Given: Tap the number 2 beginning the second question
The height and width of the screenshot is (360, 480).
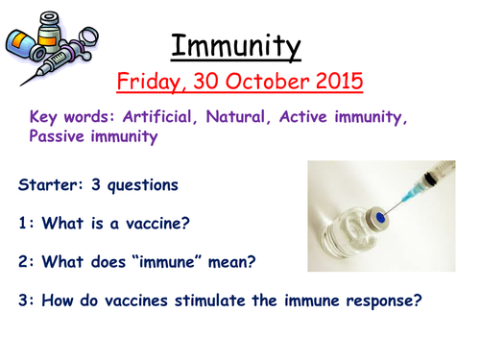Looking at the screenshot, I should tap(22, 261).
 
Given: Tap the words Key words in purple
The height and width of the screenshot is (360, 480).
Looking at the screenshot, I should tap(67, 117).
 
